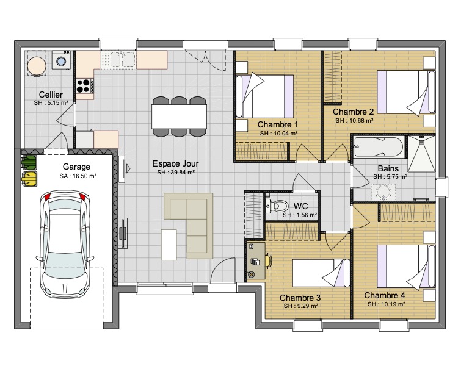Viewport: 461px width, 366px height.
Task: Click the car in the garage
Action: pos(65,244)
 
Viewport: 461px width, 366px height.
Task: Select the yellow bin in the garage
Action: pos(29,179)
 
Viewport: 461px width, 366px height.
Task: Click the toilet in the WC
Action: pos(277,206)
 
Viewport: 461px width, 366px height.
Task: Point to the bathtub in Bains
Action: pos(378,146)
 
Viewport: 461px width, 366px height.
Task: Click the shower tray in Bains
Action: pos(421,153)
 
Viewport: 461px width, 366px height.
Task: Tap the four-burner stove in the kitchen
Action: pos(85,86)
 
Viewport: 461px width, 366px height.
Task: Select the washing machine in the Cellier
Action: pos(62,60)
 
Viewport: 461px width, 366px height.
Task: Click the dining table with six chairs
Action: pos(179,117)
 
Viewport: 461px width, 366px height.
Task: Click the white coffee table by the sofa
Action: pos(169,245)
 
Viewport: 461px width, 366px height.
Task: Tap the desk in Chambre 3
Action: pos(256,260)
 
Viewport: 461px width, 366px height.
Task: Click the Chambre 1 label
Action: pos(278,124)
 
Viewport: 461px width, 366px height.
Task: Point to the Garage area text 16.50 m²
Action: pos(78,176)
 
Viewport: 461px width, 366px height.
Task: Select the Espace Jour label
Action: pos(175,163)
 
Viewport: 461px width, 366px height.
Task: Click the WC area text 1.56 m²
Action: pos(300,215)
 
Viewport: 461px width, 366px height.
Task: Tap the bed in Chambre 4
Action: pos(406,266)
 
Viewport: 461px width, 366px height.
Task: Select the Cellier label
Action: pos(51,95)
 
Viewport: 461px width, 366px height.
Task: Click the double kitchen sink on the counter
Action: pos(118,60)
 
